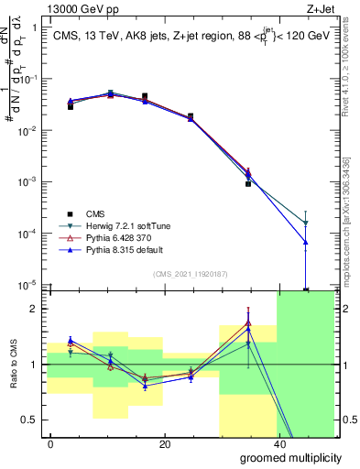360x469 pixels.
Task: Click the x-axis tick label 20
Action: click(164, 443)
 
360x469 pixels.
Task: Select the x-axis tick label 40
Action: click(278, 443)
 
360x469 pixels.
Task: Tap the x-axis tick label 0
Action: click(51, 443)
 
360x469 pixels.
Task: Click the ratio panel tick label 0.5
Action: click(30, 420)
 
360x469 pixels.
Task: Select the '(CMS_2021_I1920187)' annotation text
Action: click(191, 274)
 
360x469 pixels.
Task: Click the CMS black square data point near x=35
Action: click(248, 184)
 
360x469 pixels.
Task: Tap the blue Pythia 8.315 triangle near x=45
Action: click(306, 242)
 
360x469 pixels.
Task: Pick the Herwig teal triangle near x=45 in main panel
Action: click(306, 224)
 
